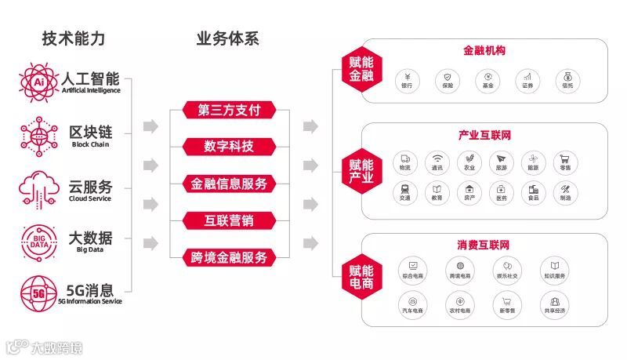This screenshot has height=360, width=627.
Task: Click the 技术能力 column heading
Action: [x=74, y=38]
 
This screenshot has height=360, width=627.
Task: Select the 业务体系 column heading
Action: [x=227, y=38]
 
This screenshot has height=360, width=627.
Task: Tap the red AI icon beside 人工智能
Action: [x=37, y=81]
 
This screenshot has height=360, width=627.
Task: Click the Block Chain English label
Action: [x=90, y=144]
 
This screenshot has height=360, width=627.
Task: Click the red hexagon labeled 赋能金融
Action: [x=361, y=69]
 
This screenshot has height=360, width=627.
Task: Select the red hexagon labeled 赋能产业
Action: [x=361, y=171]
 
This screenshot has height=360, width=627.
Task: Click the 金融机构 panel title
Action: [x=484, y=52]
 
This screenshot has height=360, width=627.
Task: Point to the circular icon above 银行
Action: [x=408, y=78]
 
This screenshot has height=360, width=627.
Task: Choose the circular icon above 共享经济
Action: [x=554, y=301]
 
